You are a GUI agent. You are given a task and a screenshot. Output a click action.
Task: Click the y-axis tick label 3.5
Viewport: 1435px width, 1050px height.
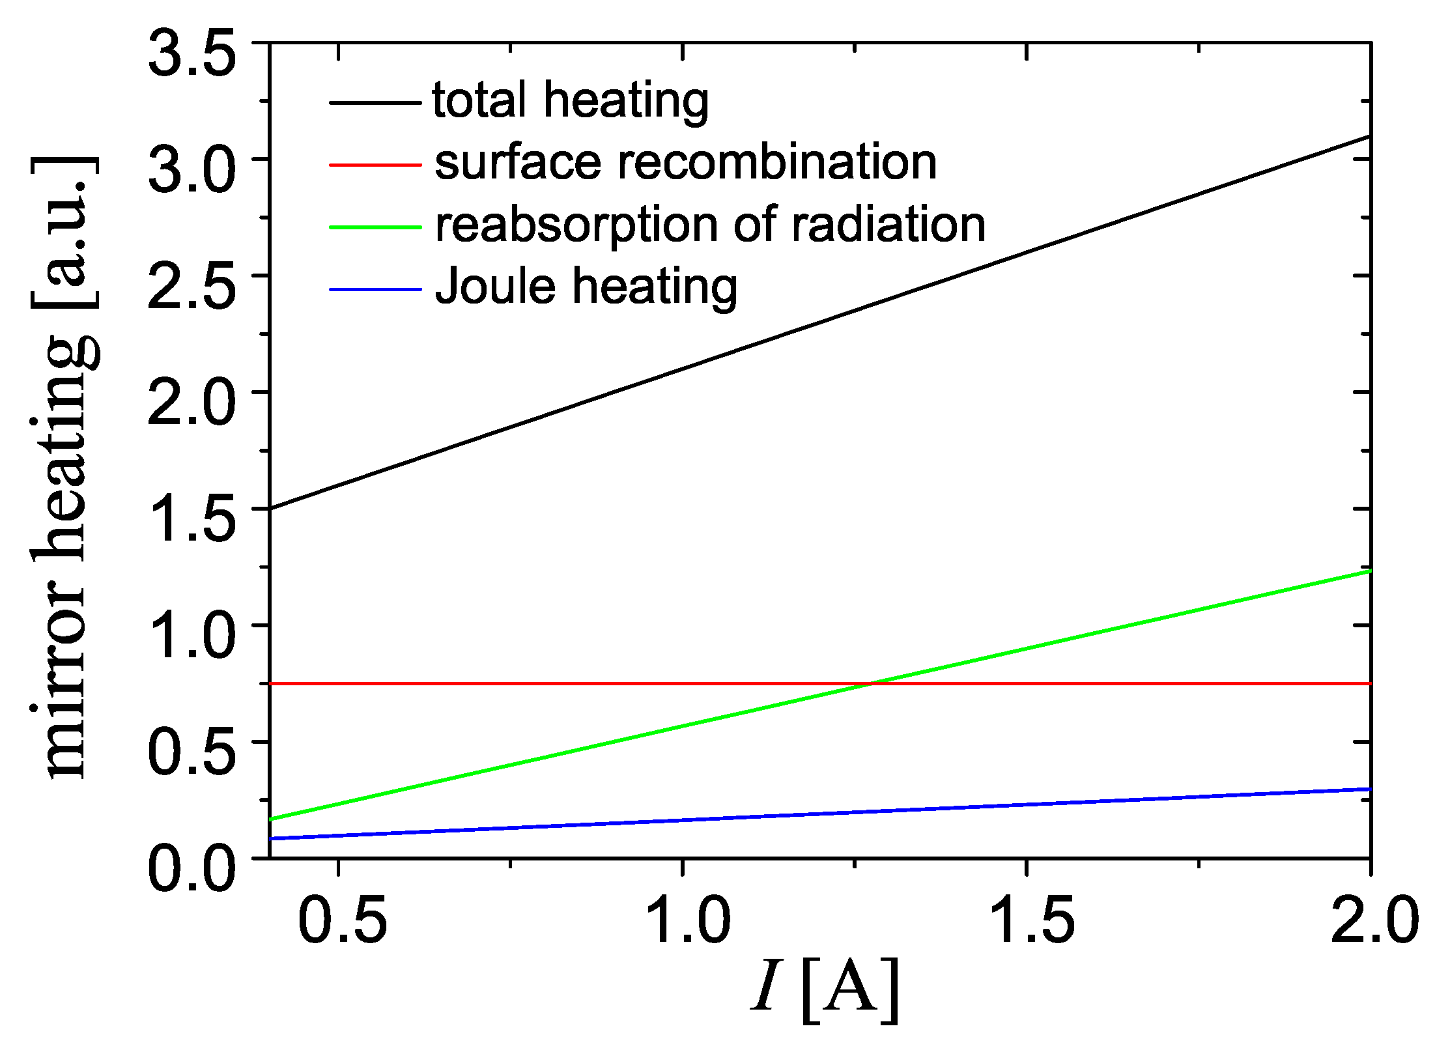(191, 56)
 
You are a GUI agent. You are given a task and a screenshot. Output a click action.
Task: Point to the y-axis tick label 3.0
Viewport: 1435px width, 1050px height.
(191, 171)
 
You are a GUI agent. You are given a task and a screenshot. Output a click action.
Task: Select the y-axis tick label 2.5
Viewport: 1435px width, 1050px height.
(191, 287)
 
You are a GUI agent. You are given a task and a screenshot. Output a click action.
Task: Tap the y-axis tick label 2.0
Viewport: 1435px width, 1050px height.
(191, 404)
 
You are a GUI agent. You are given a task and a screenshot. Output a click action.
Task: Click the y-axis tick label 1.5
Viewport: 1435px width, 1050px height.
(191, 520)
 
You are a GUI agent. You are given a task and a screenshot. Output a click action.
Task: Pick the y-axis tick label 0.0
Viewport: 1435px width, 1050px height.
(191, 870)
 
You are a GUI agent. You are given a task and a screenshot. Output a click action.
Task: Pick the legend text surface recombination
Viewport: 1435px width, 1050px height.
(685, 163)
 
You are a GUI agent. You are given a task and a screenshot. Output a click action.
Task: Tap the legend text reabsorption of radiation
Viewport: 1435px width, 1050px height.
(710, 225)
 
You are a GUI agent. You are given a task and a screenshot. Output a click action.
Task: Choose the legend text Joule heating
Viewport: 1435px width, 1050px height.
(586, 287)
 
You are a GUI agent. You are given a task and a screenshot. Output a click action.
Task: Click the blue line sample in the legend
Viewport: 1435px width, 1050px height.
(375, 289)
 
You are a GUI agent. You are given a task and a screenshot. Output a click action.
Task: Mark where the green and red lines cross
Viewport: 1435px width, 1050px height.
(870, 684)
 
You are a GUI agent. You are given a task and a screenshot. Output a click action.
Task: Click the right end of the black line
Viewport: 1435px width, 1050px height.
(1370, 137)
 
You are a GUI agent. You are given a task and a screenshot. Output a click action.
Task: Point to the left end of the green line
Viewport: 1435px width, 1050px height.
(271, 819)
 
